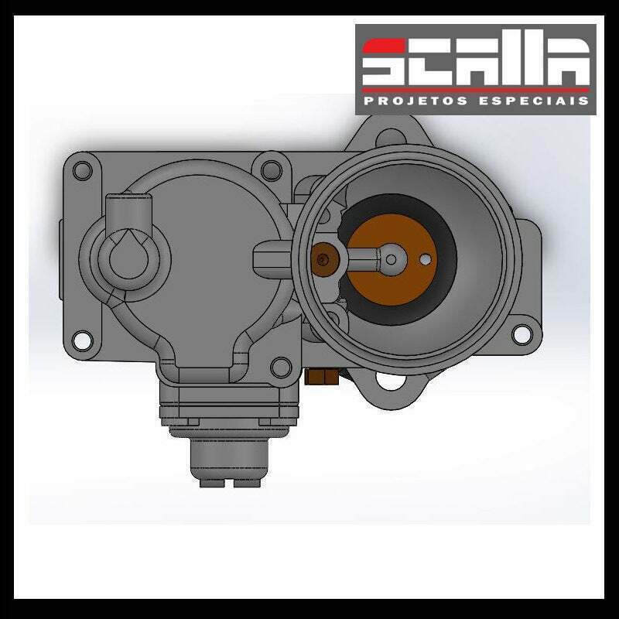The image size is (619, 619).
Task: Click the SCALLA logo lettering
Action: (x=476, y=63)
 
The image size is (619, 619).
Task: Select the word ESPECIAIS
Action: (x=534, y=101)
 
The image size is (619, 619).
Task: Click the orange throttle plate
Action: (x=392, y=259)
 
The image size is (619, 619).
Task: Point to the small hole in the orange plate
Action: (x=425, y=259)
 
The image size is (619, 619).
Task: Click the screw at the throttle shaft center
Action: (x=391, y=259)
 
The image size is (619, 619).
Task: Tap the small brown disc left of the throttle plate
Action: (x=324, y=259)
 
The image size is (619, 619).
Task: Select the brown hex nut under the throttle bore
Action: (x=322, y=377)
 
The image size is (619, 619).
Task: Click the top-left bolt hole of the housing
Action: (x=83, y=171)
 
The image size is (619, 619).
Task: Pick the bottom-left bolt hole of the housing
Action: (x=82, y=340)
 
